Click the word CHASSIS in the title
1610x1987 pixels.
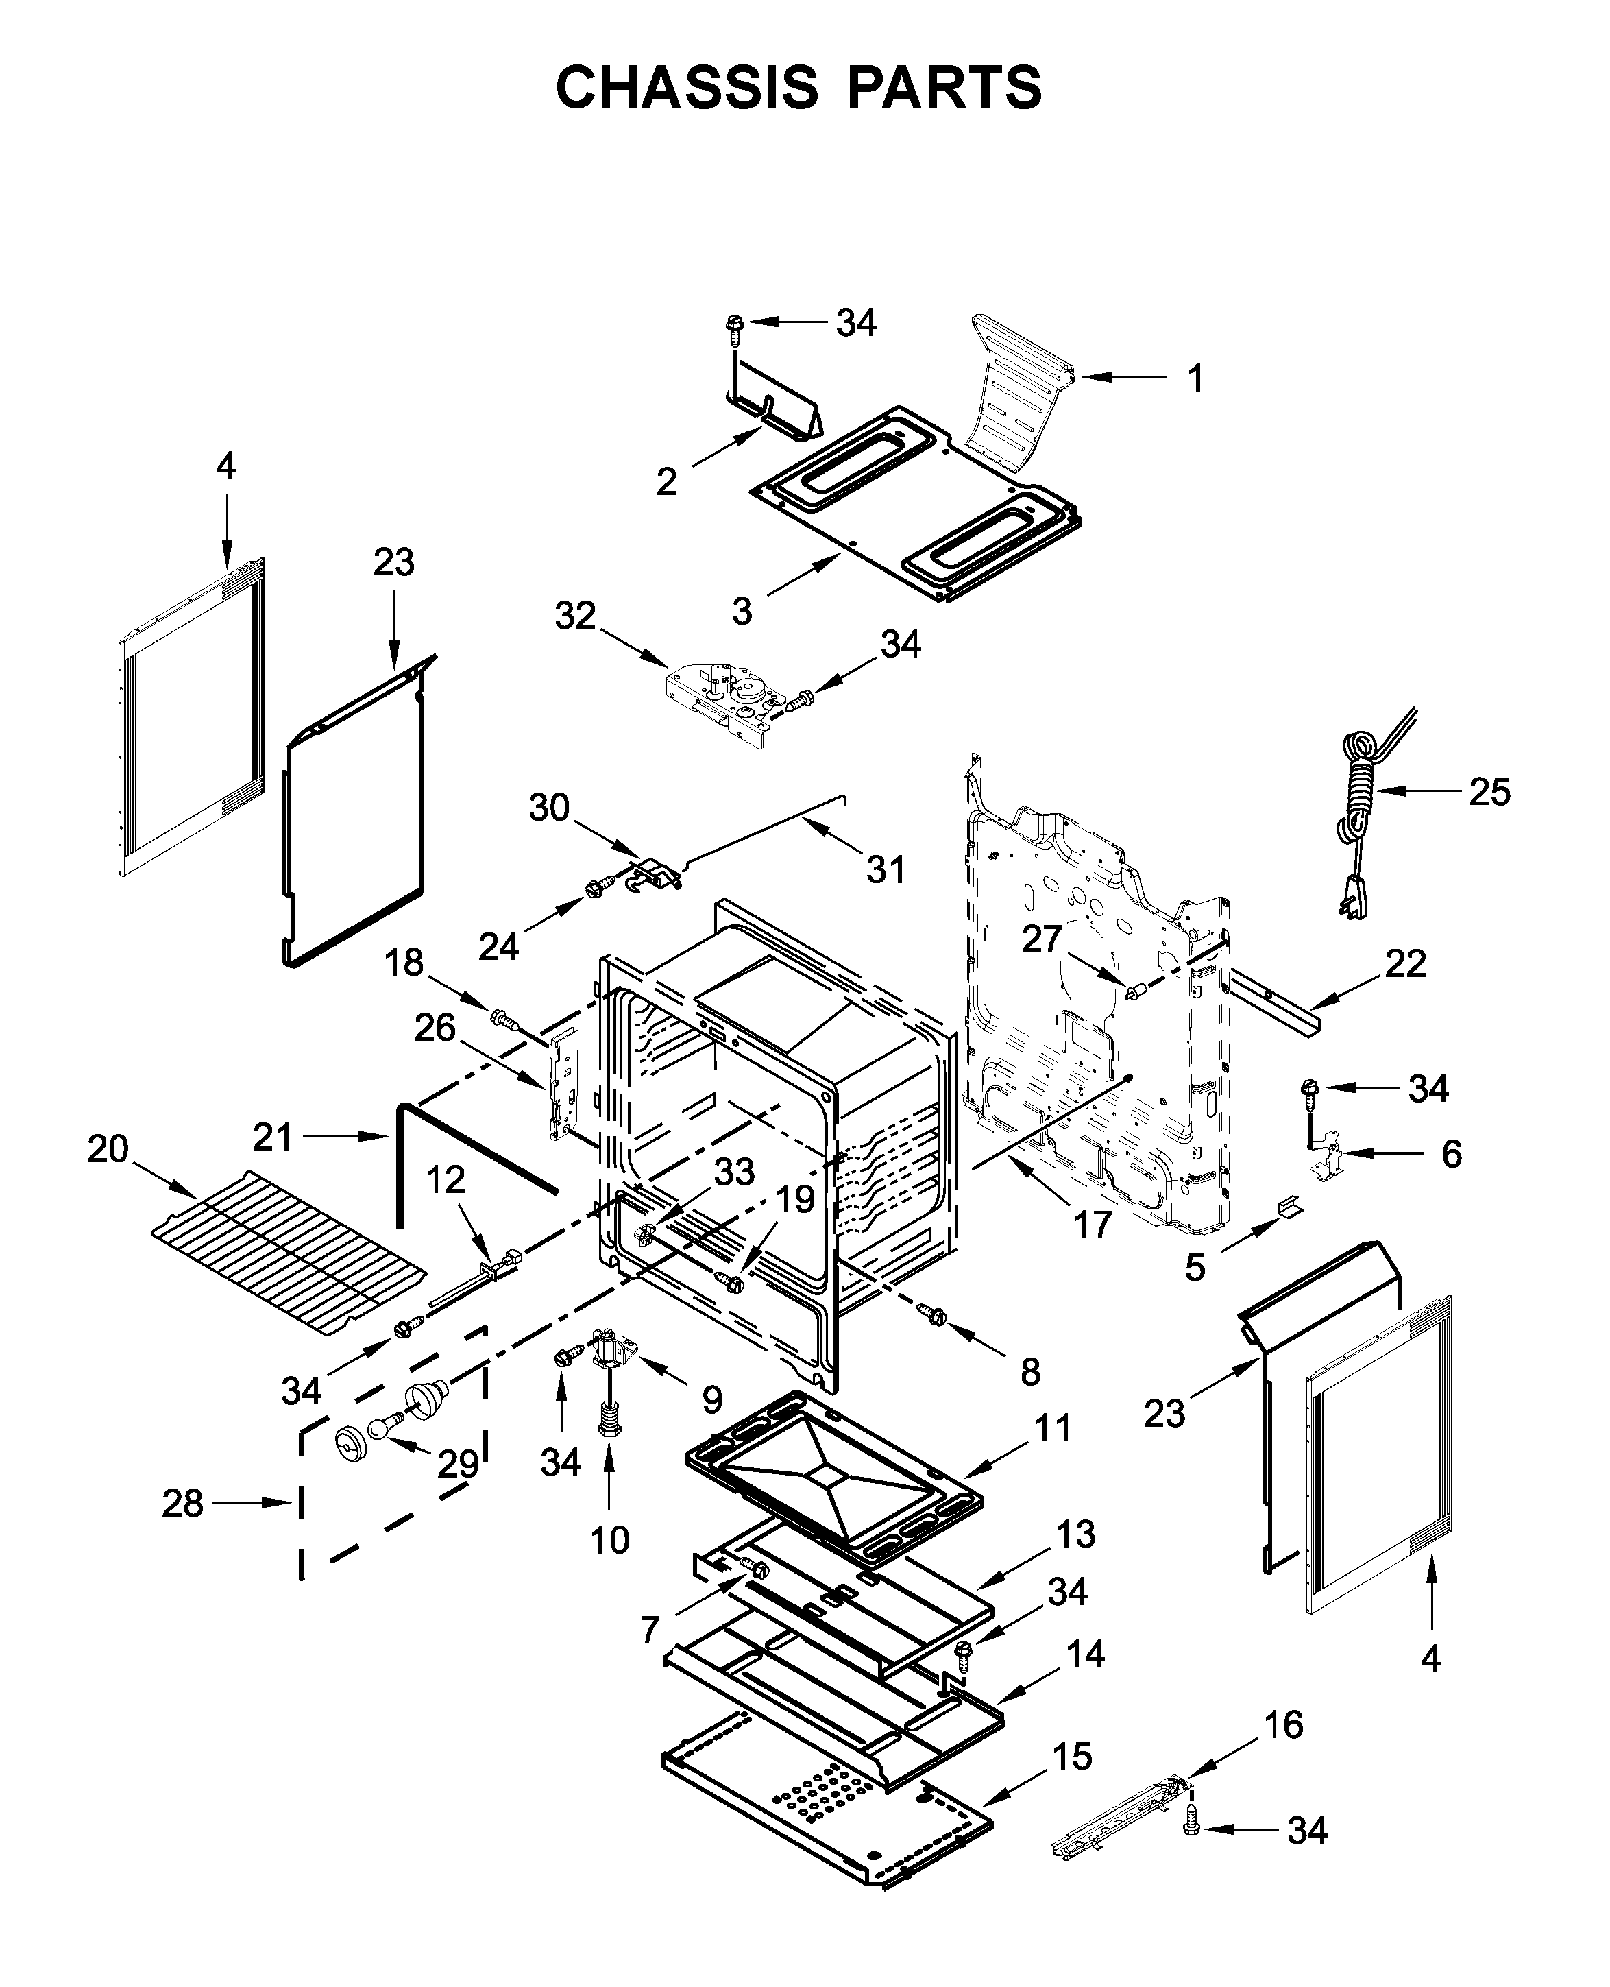tap(686, 88)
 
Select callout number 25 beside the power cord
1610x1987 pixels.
tap(1489, 792)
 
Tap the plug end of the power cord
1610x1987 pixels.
tap(1354, 900)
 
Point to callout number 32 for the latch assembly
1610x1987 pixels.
tap(575, 616)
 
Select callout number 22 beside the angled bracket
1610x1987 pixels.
tap(1405, 964)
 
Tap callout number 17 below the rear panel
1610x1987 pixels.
tap(1093, 1225)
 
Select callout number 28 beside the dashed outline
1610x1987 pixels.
tap(183, 1504)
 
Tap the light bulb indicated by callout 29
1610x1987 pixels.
tap(382, 1430)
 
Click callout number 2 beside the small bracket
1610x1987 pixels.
tap(666, 481)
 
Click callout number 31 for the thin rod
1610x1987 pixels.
tap(885, 870)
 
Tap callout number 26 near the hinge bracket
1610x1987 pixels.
tap(435, 1028)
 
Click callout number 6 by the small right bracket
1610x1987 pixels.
tap(1452, 1154)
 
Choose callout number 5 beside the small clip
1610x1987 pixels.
tap(1195, 1267)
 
